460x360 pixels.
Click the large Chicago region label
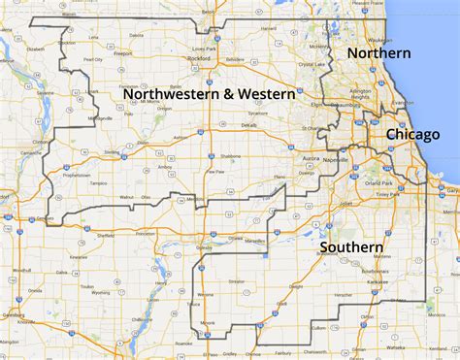(414, 135)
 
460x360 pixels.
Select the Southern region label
(350, 248)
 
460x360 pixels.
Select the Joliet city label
(347, 204)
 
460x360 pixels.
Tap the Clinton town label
(40, 142)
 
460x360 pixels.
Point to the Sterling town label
(113, 152)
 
